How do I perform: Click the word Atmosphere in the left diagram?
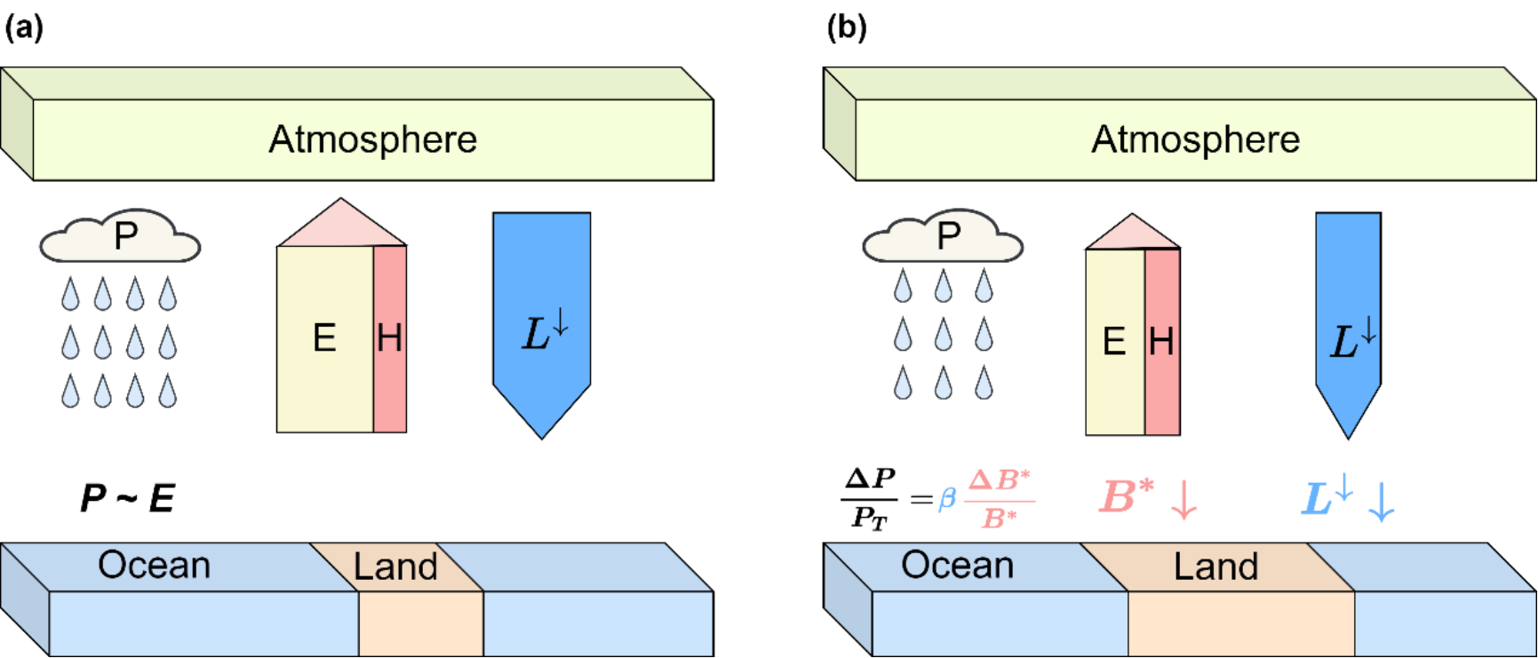point(372,139)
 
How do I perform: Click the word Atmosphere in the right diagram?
point(1195,139)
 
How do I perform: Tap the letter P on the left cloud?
point(126,236)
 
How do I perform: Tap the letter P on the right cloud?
point(949,236)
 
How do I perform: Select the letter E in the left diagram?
point(324,338)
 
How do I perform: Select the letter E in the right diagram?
point(1113,342)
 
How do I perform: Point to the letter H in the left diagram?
point(389,338)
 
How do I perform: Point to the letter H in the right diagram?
point(1161,342)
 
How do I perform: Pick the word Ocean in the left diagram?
point(154,566)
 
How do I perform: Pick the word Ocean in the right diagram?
point(957,566)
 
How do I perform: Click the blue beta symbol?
point(946,499)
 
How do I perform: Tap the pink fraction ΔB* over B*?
point(1000,499)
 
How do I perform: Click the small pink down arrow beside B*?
point(1183,500)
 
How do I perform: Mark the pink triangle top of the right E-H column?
point(1132,234)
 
